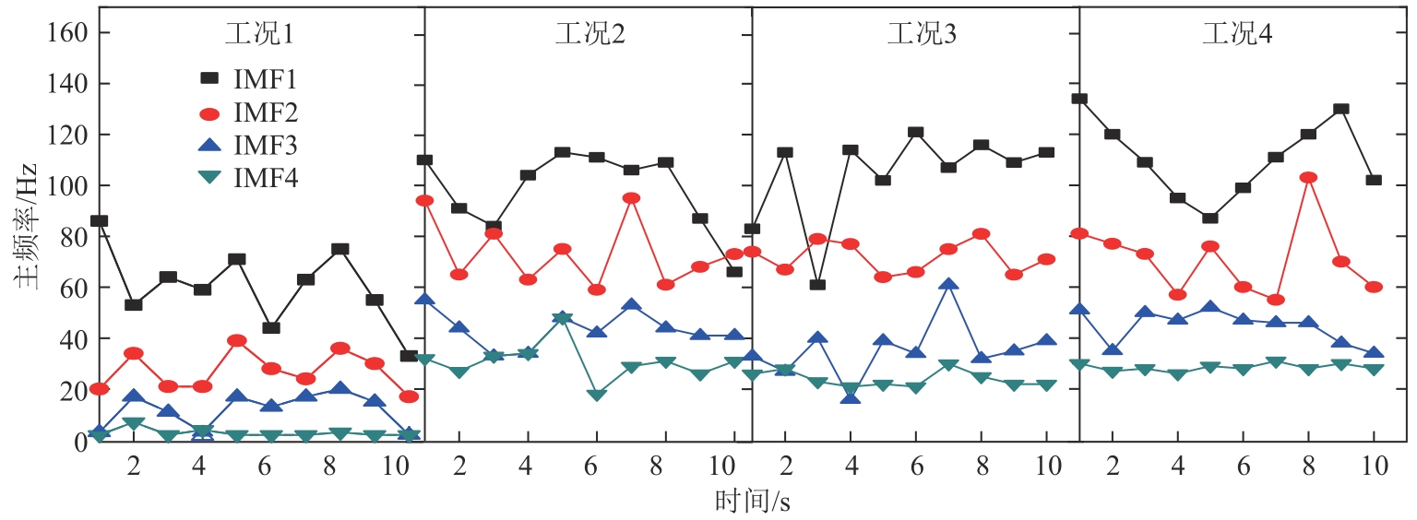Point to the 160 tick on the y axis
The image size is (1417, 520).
pyautogui.click(x=66, y=33)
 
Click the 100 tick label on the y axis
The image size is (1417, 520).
pyautogui.click(x=66, y=186)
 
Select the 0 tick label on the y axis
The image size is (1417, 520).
pyautogui.click(x=79, y=441)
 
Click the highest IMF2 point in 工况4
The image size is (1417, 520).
pyautogui.click(x=1307, y=178)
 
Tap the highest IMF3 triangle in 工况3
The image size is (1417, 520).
pyautogui.click(x=948, y=285)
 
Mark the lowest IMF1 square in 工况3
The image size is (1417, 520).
pyautogui.click(x=817, y=284)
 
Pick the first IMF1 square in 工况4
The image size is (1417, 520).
pyautogui.click(x=1079, y=99)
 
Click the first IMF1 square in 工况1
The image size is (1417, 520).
pyautogui.click(x=99, y=221)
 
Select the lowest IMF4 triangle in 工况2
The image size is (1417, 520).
pyautogui.click(x=596, y=395)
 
